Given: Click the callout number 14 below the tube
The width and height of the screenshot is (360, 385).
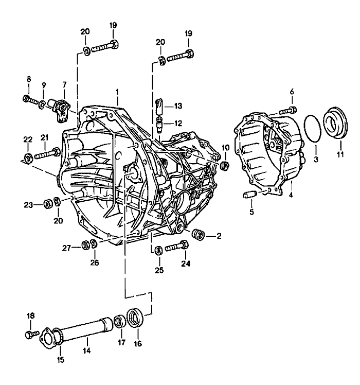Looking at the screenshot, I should click(x=87, y=351).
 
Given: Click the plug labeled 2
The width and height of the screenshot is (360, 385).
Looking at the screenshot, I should click(x=197, y=235).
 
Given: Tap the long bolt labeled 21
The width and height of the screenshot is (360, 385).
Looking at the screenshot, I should click(x=48, y=153).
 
